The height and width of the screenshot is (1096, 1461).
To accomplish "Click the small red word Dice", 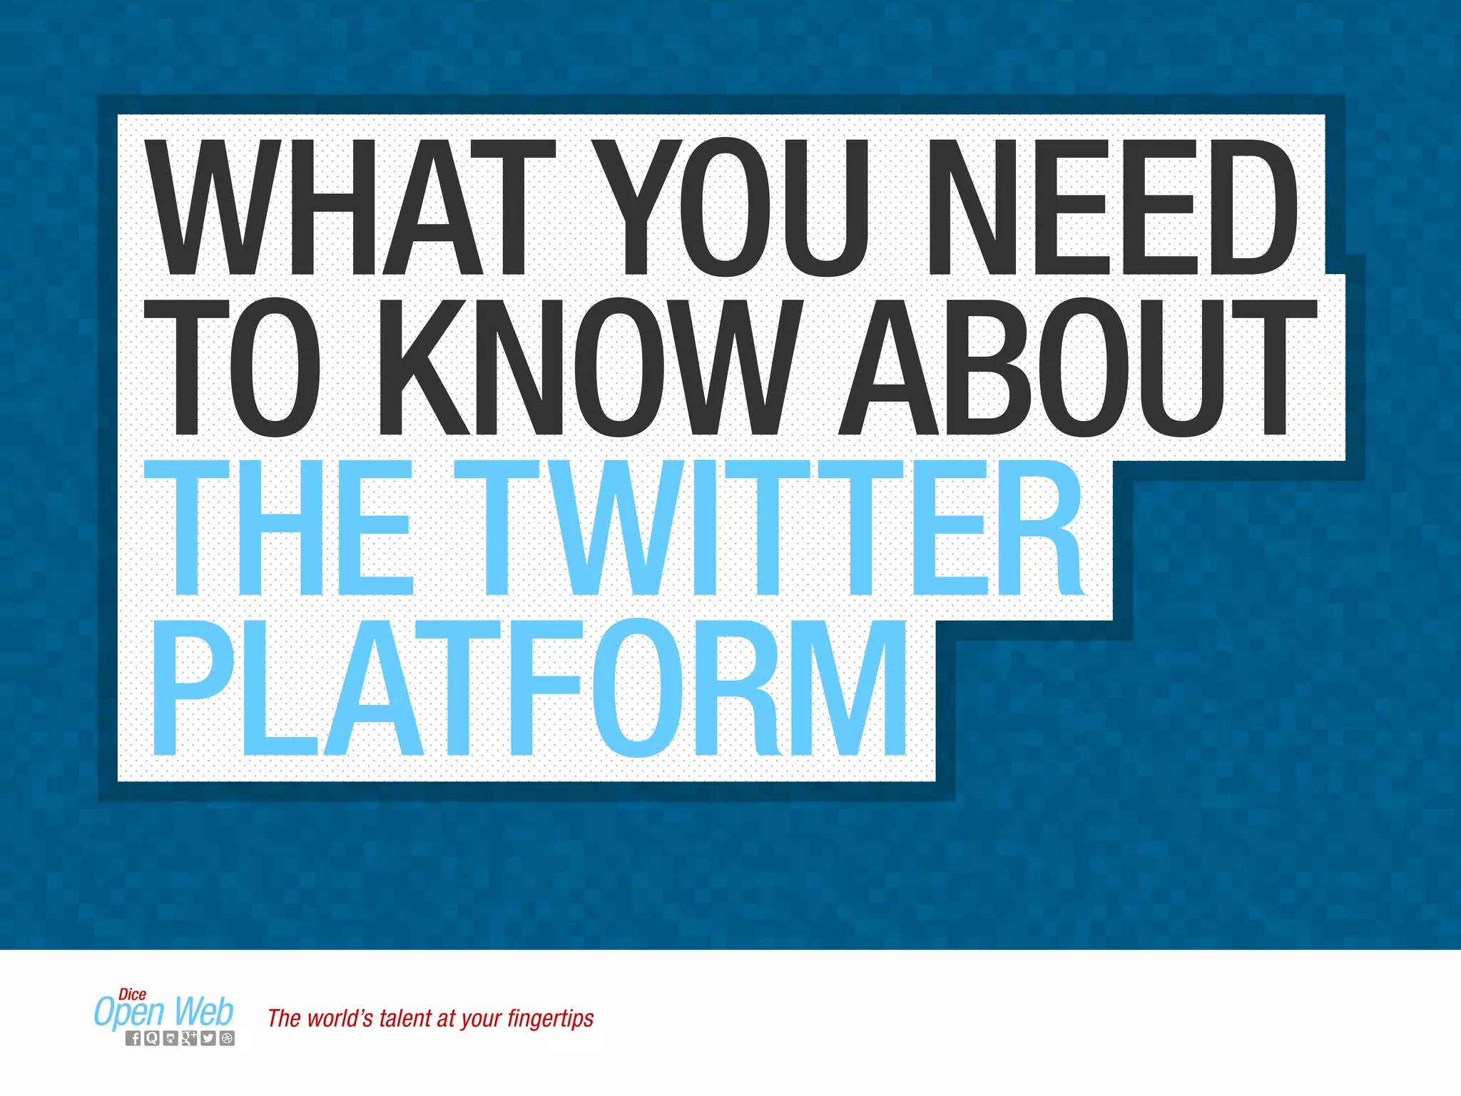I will [133, 994].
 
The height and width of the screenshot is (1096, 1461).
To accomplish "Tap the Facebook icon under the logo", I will [133, 1038].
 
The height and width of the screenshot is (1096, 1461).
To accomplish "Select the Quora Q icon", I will [152, 1038].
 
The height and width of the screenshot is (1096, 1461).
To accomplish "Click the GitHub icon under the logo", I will [170, 1038].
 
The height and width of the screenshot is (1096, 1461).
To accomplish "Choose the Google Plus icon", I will [189, 1038].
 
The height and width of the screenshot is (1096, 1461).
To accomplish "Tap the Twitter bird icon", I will [208, 1038].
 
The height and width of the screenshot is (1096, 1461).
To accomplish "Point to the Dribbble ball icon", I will [227, 1038].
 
